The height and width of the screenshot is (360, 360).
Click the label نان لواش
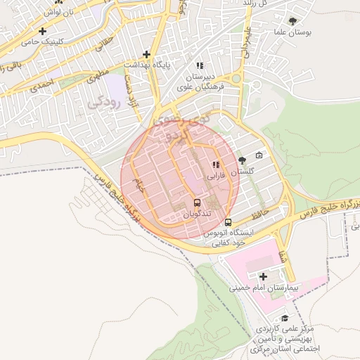58,13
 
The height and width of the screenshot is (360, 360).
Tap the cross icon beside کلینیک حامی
44,31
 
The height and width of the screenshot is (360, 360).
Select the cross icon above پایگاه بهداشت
146,54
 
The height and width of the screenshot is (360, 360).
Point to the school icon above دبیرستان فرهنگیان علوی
200,66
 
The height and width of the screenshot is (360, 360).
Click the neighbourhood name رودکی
105,102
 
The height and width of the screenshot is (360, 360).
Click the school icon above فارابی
215,165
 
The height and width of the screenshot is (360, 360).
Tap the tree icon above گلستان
243,160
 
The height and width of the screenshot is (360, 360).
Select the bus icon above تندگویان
196,202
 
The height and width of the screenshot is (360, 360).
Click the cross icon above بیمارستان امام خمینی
264,277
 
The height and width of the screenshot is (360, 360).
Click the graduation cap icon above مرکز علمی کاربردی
285,318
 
